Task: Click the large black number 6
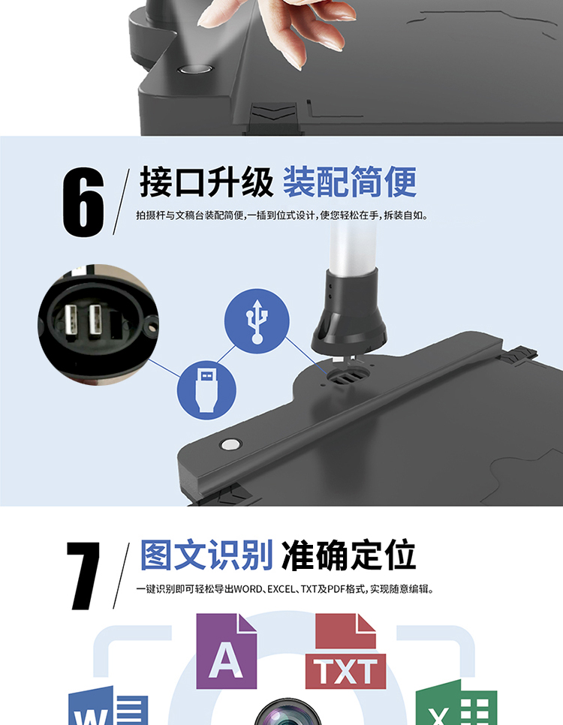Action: pyautogui.click(x=83, y=202)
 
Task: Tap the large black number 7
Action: pyautogui.click(x=83, y=576)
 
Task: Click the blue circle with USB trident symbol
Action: pyautogui.click(x=257, y=321)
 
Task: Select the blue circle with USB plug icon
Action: pyautogui.click(x=206, y=390)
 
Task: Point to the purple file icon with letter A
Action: pyautogui.click(x=226, y=651)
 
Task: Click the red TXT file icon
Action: pyautogui.click(x=345, y=651)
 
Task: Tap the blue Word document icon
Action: pyautogui.click(x=108, y=706)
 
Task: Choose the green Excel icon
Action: pyautogui.click(x=456, y=704)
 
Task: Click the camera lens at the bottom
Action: pyautogui.click(x=288, y=712)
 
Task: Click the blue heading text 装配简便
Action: pyautogui.click(x=350, y=182)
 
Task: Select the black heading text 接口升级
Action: pyautogui.click(x=206, y=182)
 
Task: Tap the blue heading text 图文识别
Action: pyautogui.click(x=206, y=555)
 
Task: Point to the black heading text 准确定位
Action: pyautogui.click(x=349, y=555)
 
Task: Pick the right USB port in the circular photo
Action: pyautogui.click(x=95, y=320)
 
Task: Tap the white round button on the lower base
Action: pyautogui.click(x=230, y=445)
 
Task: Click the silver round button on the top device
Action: pyautogui.click(x=194, y=69)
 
